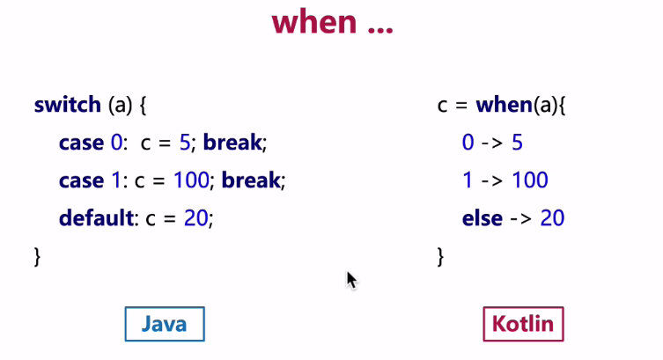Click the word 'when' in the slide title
point(314,22)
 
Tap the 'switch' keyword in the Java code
point(68,105)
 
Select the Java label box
point(165,324)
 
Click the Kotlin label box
point(524,324)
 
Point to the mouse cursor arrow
point(351,280)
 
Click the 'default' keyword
point(96,218)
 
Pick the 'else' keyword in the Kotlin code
point(483,218)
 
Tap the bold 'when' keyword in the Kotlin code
point(504,105)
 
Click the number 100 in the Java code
point(191,180)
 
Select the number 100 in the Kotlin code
point(530,180)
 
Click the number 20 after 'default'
point(195,218)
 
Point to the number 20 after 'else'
point(552,218)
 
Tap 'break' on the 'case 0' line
point(232,143)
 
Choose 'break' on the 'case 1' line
point(251,180)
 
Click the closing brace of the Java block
point(37,256)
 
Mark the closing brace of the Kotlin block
point(440,256)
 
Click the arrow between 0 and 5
point(492,143)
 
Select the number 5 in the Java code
point(185,143)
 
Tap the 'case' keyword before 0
point(81,143)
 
